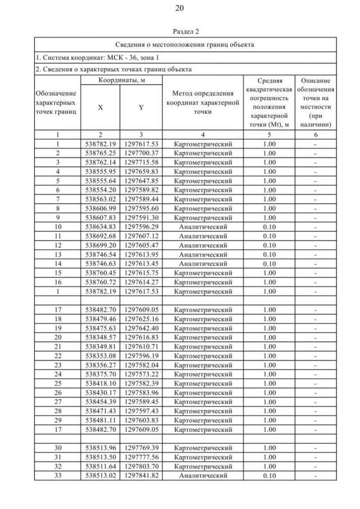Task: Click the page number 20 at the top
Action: tap(179, 8)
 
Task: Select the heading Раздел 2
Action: tap(179, 31)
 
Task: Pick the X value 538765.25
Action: tap(100, 153)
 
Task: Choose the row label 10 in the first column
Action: tap(57, 227)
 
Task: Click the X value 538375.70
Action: tap(100, 374)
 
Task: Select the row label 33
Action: tap(57, 476)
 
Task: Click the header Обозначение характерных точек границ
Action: tap(57, 102)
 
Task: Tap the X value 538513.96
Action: tap(100, 448)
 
